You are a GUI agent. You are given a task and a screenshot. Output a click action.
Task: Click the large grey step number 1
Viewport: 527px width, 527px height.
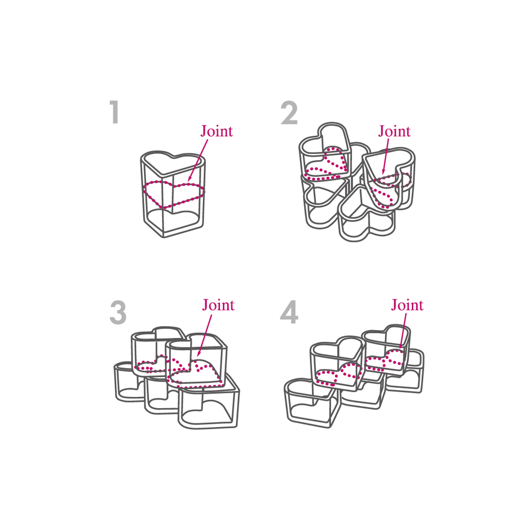[115, 112]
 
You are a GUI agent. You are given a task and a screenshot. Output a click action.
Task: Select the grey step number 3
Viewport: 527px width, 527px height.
[118, 313]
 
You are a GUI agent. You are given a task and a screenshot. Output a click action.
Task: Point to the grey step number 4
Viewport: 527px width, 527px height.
[289, 312]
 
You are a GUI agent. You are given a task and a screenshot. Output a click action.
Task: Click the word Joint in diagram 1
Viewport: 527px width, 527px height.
[216, 131]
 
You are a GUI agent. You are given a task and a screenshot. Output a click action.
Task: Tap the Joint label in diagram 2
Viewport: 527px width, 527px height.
[394, 131]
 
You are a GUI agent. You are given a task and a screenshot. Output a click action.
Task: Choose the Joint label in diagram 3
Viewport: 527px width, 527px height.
[218, 305]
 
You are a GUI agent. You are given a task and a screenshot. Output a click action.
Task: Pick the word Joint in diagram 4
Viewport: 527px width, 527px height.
[407, 305]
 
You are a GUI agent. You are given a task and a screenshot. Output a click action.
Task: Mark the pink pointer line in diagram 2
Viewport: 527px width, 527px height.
[386, 156]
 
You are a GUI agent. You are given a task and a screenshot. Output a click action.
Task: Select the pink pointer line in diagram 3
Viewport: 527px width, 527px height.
[205, 335]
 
